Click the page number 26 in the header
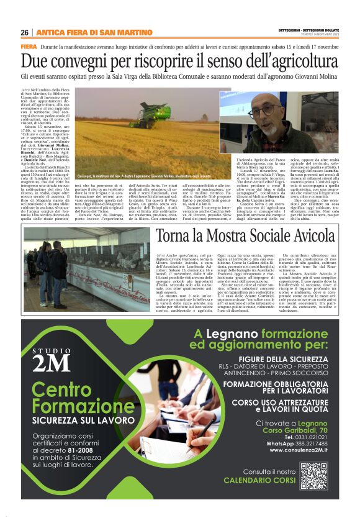(x=24, y=32)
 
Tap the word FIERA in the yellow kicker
(x=29, y=47)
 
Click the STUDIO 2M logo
(x=50, y=358)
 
